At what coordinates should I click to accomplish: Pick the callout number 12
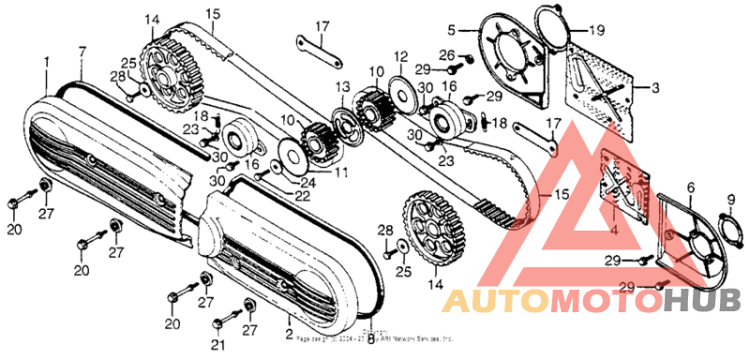click(x=401, y=56)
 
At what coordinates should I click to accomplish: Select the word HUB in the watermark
click(x=702, y=301)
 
